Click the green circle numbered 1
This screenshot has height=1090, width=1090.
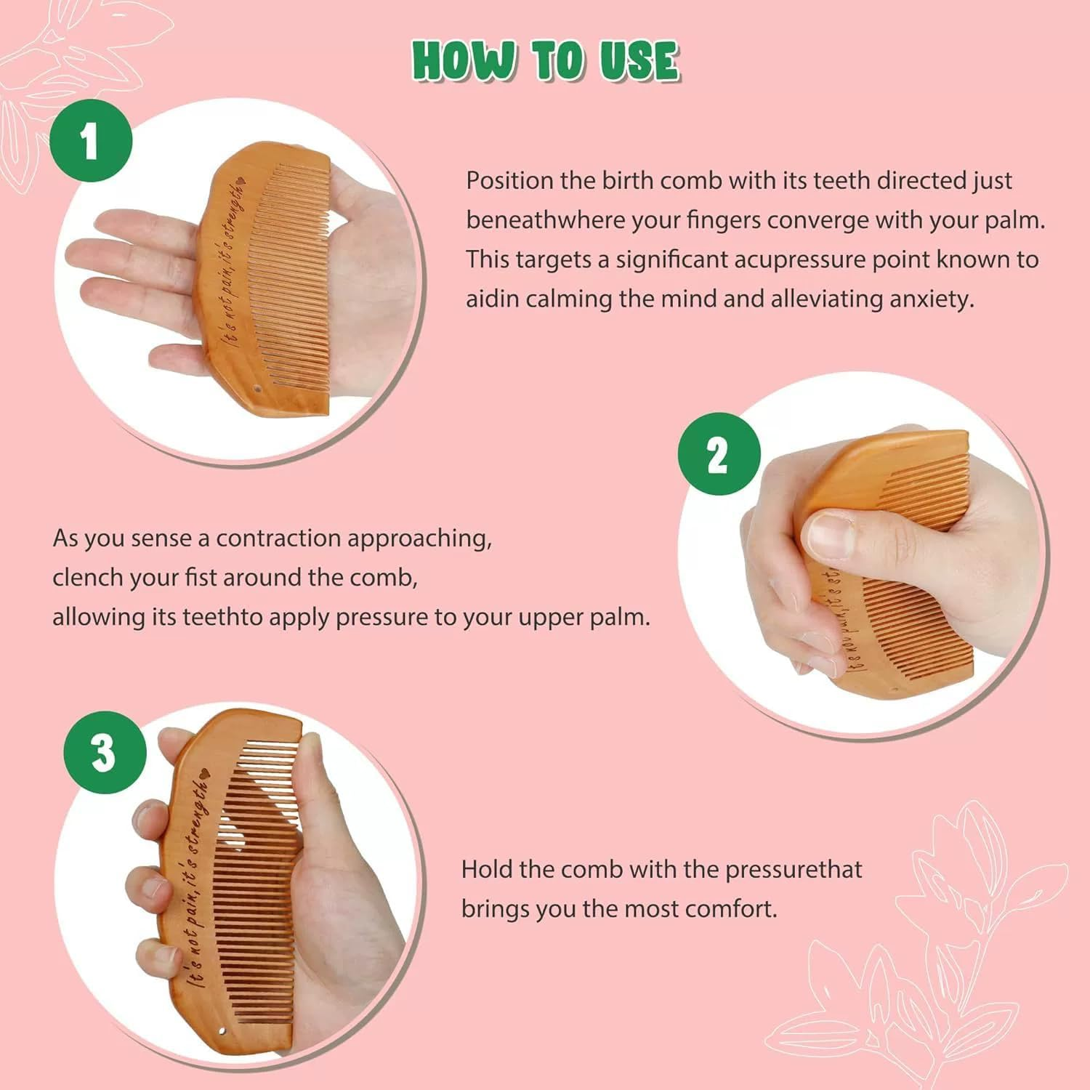click(x=91, y=140)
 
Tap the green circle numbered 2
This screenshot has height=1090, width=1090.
click(x=719, y=454)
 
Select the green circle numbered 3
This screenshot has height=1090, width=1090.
click(x=105, y=752)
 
